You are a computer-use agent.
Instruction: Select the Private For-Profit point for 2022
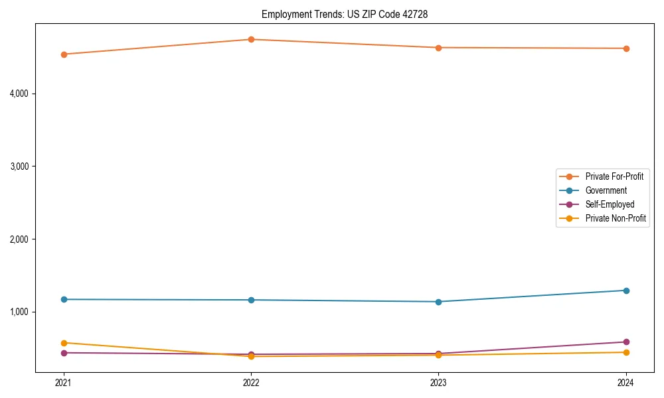click(251, 39)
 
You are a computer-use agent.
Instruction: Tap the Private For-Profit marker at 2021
click(64, 54)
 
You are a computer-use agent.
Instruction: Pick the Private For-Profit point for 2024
click(626, 48)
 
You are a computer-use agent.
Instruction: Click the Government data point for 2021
click(64, 299)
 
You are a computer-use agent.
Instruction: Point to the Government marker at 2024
click(626, 291)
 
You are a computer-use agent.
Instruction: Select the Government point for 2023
click(438, 302)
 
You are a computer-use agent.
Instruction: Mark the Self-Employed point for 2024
click(626, 342)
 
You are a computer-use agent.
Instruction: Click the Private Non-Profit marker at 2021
click(64, 343)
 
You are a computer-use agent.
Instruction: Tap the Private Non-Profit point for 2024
click(626, 352)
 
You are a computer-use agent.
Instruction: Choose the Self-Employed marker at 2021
click(64, 353)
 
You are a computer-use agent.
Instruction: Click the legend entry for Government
click(606, 190)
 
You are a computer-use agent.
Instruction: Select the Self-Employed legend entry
click(610, 204)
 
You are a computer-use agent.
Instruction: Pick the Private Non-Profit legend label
click(616, 218)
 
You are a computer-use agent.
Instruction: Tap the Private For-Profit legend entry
click(614, 176)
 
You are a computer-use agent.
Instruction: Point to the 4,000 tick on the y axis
click(19, 94)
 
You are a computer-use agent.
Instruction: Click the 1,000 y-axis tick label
click(19, 312)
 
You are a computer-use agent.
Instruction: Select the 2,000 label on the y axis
click(19, 239)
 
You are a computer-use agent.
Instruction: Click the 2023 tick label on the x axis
click(438, 382)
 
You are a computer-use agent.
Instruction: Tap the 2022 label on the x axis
click(251, 382)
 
